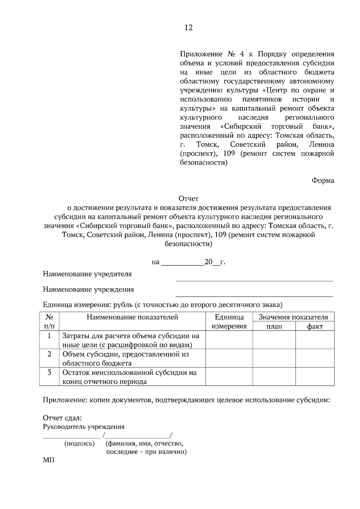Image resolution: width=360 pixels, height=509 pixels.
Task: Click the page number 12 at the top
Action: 188,28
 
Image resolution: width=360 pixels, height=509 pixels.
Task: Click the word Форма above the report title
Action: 323,180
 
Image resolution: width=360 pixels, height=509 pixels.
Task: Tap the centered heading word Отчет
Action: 188,198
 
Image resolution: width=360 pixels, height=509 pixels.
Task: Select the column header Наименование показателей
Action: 132,317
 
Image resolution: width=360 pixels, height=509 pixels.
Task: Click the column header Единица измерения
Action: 229,322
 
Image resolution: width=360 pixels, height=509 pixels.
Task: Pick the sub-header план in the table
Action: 274,326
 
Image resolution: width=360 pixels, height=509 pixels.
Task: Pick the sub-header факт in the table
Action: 315,326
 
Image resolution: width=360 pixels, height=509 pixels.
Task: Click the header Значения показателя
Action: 293,317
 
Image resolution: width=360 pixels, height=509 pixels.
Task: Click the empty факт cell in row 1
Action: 315,340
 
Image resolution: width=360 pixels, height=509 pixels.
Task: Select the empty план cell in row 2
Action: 274,359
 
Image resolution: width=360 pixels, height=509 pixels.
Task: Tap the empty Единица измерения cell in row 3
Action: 229,377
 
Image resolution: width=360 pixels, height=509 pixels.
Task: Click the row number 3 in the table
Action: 49,373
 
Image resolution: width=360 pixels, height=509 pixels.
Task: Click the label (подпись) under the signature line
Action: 79,443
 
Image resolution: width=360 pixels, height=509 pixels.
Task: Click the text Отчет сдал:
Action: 62,418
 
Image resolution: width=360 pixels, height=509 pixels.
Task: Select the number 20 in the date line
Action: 208,262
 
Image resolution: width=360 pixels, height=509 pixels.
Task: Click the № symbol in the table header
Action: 49,317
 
